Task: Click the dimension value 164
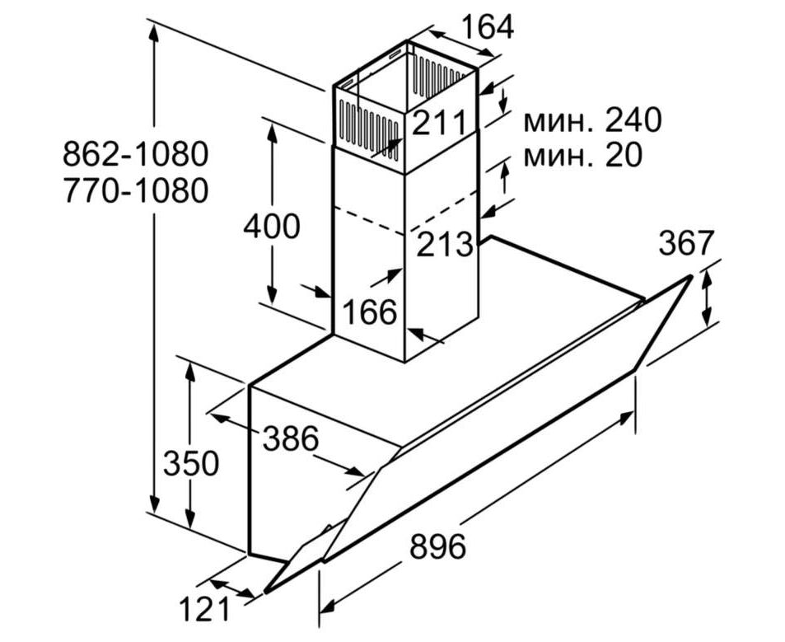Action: coord(486,26)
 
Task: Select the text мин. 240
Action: coord(591,121)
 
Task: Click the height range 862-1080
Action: coord(134,154)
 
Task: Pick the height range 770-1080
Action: coord(134,190)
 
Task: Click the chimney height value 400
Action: coord(271,226)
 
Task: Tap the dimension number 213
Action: coord(445,244)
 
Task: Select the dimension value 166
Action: coord(370,312)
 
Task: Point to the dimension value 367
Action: coord(686,243)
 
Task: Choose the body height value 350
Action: coord(191,464)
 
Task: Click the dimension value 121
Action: coord(204,611)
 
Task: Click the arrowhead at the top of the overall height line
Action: coord(154,30)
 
